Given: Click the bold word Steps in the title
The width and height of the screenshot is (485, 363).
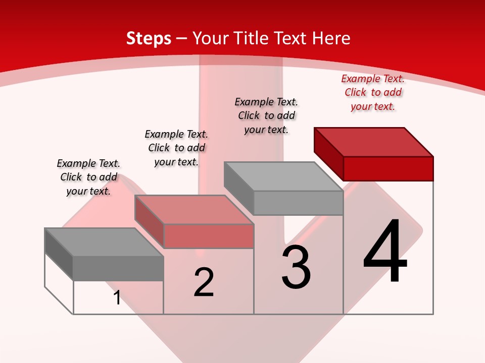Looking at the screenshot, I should tap(149, 38).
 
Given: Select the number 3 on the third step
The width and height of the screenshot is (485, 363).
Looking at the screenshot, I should tap(296, 267).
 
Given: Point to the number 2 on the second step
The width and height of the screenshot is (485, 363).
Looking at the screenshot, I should tap(204, 282).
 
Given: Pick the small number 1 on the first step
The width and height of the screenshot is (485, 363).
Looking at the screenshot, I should tap(117, 297).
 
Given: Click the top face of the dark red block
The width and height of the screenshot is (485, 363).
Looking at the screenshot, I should tap(374, 142).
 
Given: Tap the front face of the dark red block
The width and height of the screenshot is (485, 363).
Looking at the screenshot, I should tap(388, 168).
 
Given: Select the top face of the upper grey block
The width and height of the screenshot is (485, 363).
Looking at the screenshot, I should tap(283, 176).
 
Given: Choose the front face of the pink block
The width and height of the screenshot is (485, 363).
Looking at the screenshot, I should tap(208, 236).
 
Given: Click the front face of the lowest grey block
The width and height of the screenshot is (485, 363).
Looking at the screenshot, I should tap(118, 268).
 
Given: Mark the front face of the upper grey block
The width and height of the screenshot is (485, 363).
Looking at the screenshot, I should tap(298, 203).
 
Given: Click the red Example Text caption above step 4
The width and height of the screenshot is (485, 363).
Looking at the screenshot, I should tap(373, 92).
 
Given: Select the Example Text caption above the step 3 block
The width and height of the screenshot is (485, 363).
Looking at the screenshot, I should tap(266, 115).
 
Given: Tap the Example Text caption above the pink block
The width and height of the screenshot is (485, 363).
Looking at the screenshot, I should tap(176, 148).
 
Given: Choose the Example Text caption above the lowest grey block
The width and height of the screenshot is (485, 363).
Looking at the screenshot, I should tap(88, 177).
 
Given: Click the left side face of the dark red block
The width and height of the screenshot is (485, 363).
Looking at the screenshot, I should tap(328, 154).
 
